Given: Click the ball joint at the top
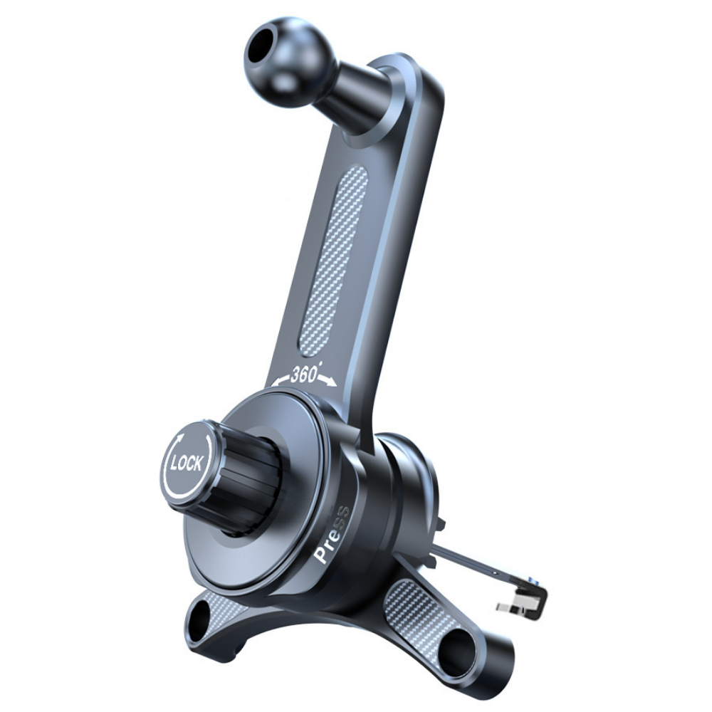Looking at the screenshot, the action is [291, 62].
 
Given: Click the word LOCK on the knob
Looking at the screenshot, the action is [187, 464].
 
